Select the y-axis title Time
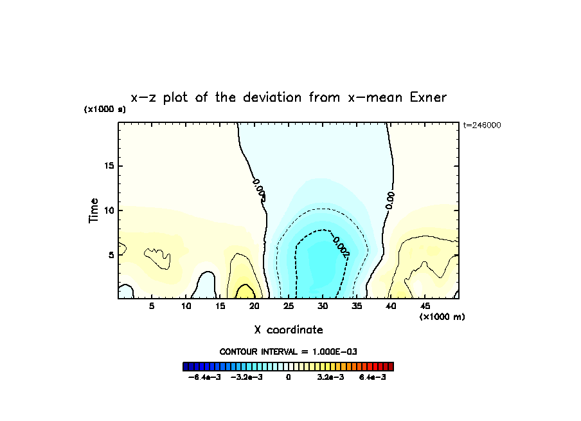94,210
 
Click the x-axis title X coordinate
289,330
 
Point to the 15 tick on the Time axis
109,166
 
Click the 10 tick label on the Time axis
109,210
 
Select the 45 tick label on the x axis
425,306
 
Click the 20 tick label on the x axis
255,306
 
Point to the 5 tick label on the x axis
152,306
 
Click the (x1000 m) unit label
442,317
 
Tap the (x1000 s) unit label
105,109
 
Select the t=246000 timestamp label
482,126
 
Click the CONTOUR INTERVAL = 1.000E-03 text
289,351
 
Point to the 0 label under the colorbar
289,377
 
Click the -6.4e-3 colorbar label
204,377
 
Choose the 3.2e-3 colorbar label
330,377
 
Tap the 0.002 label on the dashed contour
341,247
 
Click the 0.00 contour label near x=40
389,200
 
